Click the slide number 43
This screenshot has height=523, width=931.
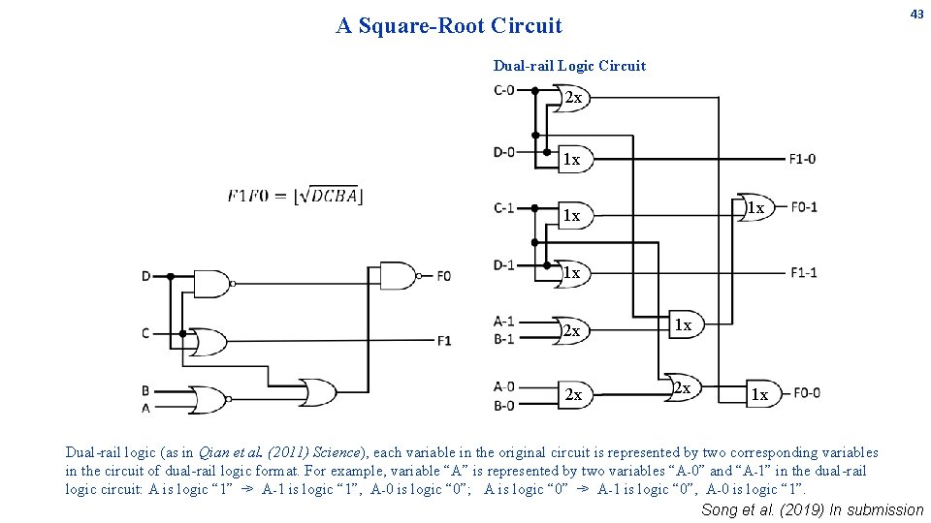pyautogui.click(x=916, y=15)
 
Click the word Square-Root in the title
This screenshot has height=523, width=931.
pyautogui.click(x=422, y=26)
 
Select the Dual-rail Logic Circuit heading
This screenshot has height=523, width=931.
pyautogui.click(x=569, y=66)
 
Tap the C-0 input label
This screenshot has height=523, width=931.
pyautogui.click(x=504, y=90)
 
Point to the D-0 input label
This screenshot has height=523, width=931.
pyautogui.click(x=504, y=152)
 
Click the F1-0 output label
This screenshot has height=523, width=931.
pyautogui.click(x=802, y=159)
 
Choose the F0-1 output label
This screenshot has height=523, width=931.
pyautogui.click(x=804, y=207)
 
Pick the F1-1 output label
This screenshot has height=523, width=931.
pyautogui.click(x=803, y=273)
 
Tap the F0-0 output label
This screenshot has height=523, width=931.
pyautogui.click(x=807, y=393)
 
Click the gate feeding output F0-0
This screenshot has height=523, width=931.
pyautogui.click(x=764, y=394)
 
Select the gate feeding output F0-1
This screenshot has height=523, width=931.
pyautogui.click(x=755, y=207)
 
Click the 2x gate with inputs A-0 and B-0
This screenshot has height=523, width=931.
pyautogui.click(x=575, y=394)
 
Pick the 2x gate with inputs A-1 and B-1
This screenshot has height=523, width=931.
pyautogui.click(x=571, y=330)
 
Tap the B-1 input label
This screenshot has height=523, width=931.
pyautogui.click(x=504, y=339)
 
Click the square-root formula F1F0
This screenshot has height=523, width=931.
pyautogui.click(x=295, y=195)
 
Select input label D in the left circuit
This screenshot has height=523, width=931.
pyautogui.click(x=146, y=276)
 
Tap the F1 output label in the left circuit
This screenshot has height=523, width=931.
pyautogui.click(x=444, y=341)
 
